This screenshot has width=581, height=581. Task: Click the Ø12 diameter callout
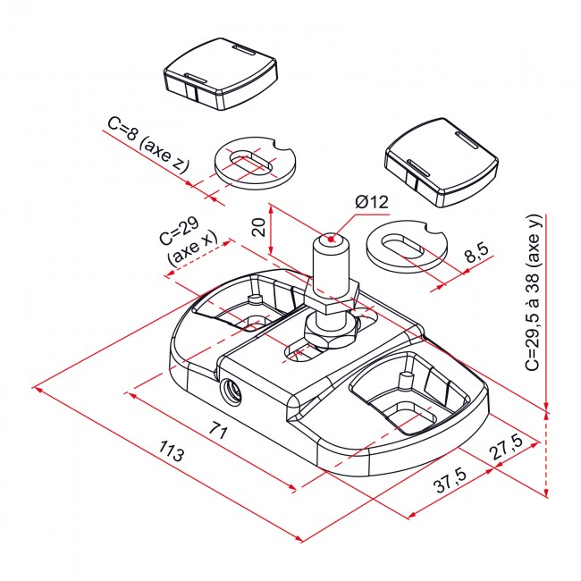pyautogui.click(x=371, y=202)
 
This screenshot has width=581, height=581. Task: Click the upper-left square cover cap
pyautogui.click(x=221, y=76)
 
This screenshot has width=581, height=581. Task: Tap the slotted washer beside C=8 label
pyautogui.click(x=255, y=162)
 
